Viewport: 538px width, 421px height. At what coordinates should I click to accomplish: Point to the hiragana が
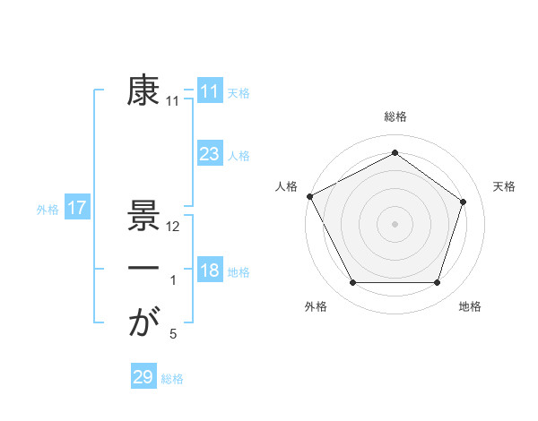143,322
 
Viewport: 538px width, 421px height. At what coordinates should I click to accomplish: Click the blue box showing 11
209,90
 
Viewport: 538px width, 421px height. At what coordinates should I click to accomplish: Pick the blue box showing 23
209,154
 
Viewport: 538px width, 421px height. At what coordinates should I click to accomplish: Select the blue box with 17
76,209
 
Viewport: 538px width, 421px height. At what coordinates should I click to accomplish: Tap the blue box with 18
209,271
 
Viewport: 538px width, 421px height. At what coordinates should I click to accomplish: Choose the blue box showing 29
143,377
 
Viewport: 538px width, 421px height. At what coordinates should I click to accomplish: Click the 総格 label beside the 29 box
172,379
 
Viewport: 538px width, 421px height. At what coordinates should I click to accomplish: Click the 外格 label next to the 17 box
48,210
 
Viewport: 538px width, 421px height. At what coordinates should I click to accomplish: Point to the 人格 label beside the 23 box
239,156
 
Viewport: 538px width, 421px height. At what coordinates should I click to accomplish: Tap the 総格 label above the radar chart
395,116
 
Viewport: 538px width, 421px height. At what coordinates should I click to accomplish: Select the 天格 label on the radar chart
504,186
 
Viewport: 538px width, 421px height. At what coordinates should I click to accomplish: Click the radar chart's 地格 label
470,306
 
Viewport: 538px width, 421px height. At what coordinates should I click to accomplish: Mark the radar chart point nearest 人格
309,196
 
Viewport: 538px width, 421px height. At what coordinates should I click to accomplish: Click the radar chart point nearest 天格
464,202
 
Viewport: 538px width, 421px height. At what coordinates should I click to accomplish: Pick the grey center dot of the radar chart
395,223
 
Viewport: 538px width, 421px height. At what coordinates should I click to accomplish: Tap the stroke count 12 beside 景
174,228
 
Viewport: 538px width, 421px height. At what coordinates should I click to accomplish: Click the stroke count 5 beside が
173,334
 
